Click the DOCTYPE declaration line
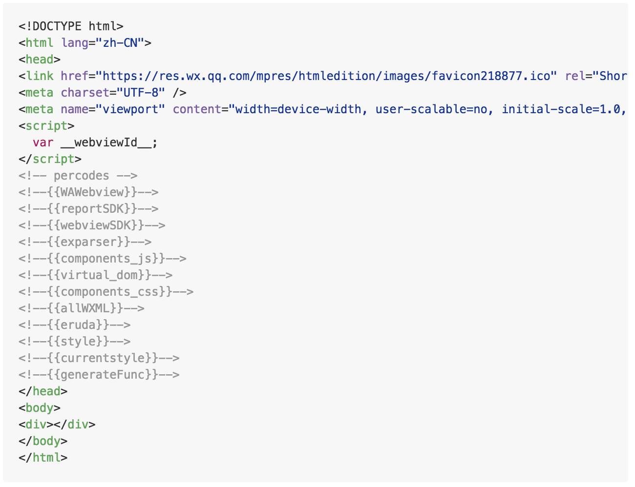(71, 26)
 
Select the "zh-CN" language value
(120, 43)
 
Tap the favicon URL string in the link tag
(326, 76)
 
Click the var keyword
(43, 142)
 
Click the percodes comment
(78, 176)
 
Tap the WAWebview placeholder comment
(88, 192)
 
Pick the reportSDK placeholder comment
(88, 209)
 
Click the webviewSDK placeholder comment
(92, 225)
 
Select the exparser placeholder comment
(85, 242)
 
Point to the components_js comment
(103, 259)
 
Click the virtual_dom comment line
(96, 275)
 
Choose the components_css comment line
(106, 292)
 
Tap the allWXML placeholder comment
(82, 308)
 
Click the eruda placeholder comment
(75, 325)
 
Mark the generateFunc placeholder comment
(99, 375)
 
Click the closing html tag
(43, 458)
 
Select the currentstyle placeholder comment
(99, 358)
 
